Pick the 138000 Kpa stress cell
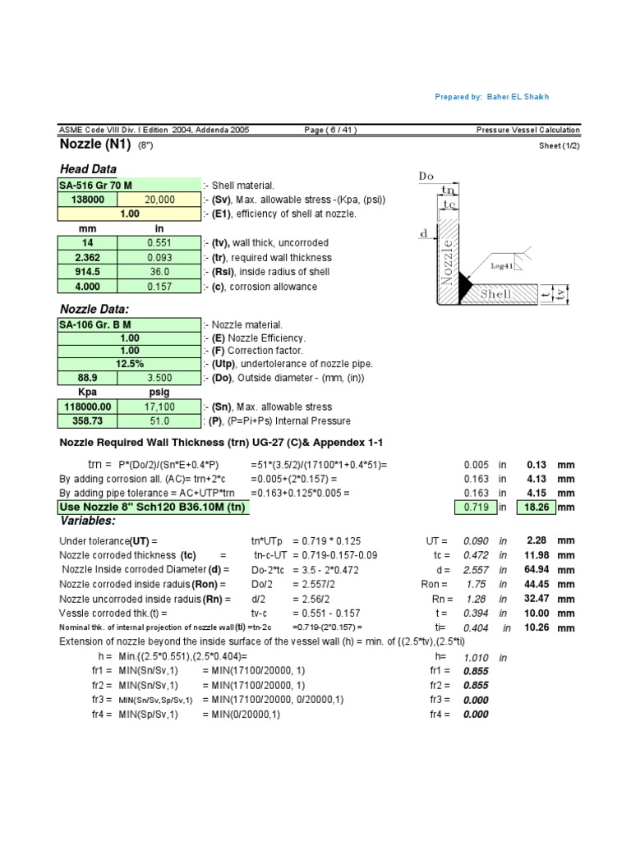87,200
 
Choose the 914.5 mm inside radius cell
87,272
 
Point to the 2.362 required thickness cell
87,257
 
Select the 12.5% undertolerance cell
129,364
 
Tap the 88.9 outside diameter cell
87,378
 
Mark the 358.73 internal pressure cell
87,421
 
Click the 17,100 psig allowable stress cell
159,407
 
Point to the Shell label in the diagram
496,294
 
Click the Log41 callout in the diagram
502,266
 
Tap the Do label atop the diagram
426,177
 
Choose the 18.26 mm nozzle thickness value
538,508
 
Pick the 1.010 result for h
476,658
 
